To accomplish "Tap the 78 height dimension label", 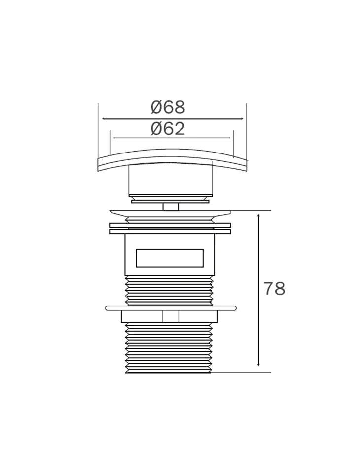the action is click(x=274, y=289).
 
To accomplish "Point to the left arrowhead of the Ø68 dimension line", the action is click(x=104, y=119).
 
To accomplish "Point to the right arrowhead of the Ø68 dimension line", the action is click(x=241, y=119).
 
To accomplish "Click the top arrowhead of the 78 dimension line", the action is click(x=258, y=216).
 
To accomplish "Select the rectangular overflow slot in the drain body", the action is click(x=170, y=258).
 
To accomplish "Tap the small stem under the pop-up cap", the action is click(x=171, y=207).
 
